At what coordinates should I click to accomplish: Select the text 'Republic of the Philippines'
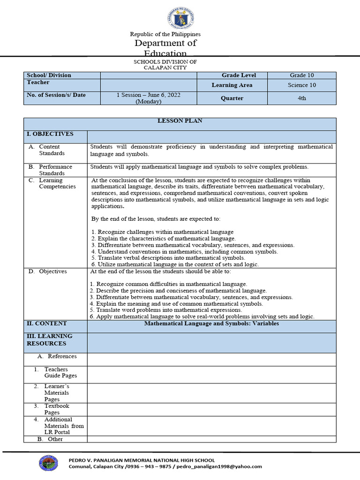pos(165,34)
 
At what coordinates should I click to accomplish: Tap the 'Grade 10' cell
pos(301,75)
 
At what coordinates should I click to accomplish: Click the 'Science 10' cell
pos(301,85)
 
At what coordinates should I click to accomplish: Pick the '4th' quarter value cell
pos(301,98)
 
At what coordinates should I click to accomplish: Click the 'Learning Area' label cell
pos(232,85)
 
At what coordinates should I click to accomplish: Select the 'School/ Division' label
pos(49,75)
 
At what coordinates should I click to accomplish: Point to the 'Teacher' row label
pos(38,82)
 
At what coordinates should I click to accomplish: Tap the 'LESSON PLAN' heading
pos(180,121)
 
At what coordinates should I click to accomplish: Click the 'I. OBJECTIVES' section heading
pos(50,134)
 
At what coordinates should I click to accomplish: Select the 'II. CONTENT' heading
pos(47,323)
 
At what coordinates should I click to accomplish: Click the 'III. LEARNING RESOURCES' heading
pos(50,340)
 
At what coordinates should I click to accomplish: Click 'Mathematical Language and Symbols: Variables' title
pos(211,323)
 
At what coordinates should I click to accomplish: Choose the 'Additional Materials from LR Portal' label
pos(64,426)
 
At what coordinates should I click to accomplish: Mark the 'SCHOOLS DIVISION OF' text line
pos(165,61)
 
